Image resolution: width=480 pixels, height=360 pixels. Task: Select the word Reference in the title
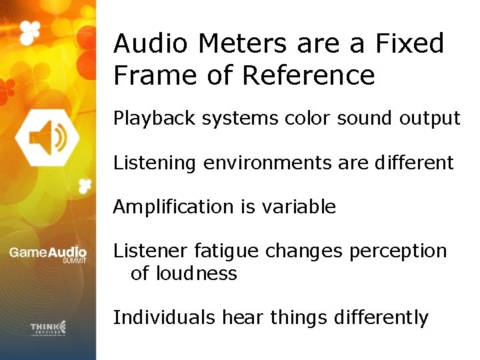tap(308, 75)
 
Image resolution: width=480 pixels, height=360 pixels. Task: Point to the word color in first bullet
tap(308, 119)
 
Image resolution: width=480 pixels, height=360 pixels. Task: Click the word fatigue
tap(227, 251)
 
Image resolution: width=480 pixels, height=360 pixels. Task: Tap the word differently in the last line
tap(382, 317)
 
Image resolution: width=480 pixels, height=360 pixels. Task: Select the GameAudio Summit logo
tap(48, 254)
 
